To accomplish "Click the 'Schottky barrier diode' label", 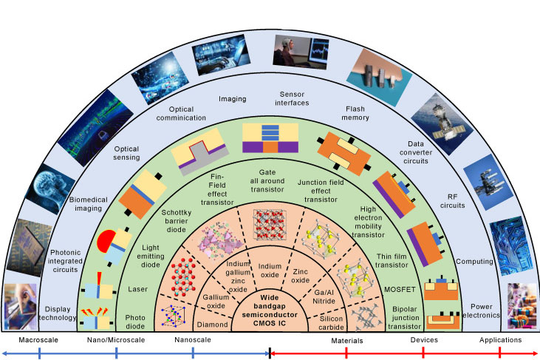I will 176,222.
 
